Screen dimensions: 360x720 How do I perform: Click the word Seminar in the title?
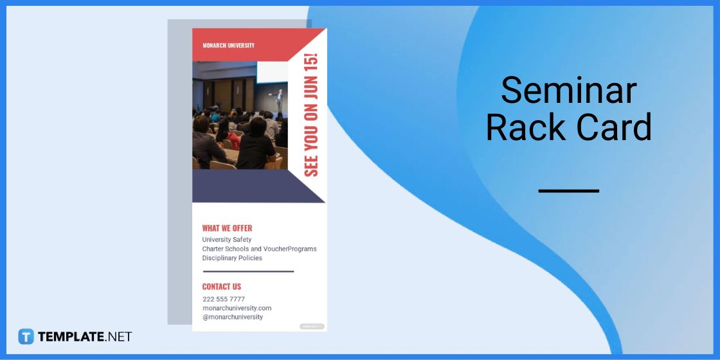tap(568, 90)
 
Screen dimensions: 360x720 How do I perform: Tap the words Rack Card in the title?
tap(568, 127)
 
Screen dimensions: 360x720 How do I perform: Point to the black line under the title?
tap(568, 191)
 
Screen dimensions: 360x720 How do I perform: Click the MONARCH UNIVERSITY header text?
tap(228, 46)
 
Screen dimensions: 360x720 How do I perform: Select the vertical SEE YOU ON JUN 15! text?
tap(311, 114)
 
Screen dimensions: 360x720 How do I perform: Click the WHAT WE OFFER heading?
tap(227, 228)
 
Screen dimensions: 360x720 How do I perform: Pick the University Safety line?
tap(227, 240)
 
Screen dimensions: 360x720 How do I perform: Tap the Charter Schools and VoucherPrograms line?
tap(259, 249)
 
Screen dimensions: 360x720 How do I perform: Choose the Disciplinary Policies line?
tap(232, 258)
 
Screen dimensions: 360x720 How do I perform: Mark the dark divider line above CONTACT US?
tap(248, 271)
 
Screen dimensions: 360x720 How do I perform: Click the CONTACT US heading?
tap(222, 287)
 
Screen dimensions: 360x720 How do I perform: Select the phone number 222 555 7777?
tap(224, 299)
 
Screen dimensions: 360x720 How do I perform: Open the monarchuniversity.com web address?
tap(237, 308)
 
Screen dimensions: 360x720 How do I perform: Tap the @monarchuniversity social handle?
tap(233, 317)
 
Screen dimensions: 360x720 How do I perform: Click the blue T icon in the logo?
tap(26, 336)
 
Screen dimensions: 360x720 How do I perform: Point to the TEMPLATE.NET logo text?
tap(85, 336)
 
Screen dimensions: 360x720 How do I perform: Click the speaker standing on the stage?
tap(279, 102)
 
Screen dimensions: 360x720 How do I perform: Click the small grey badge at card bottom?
tap(312, 327)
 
